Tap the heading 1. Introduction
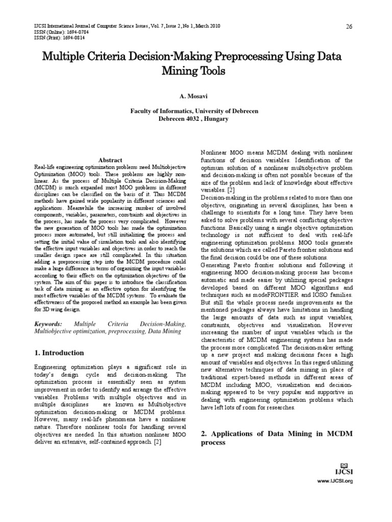(59, 352)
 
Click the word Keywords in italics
(48, 324)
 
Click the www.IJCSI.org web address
(335, 481)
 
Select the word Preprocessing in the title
(242, 56)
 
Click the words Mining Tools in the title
(196, 71)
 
